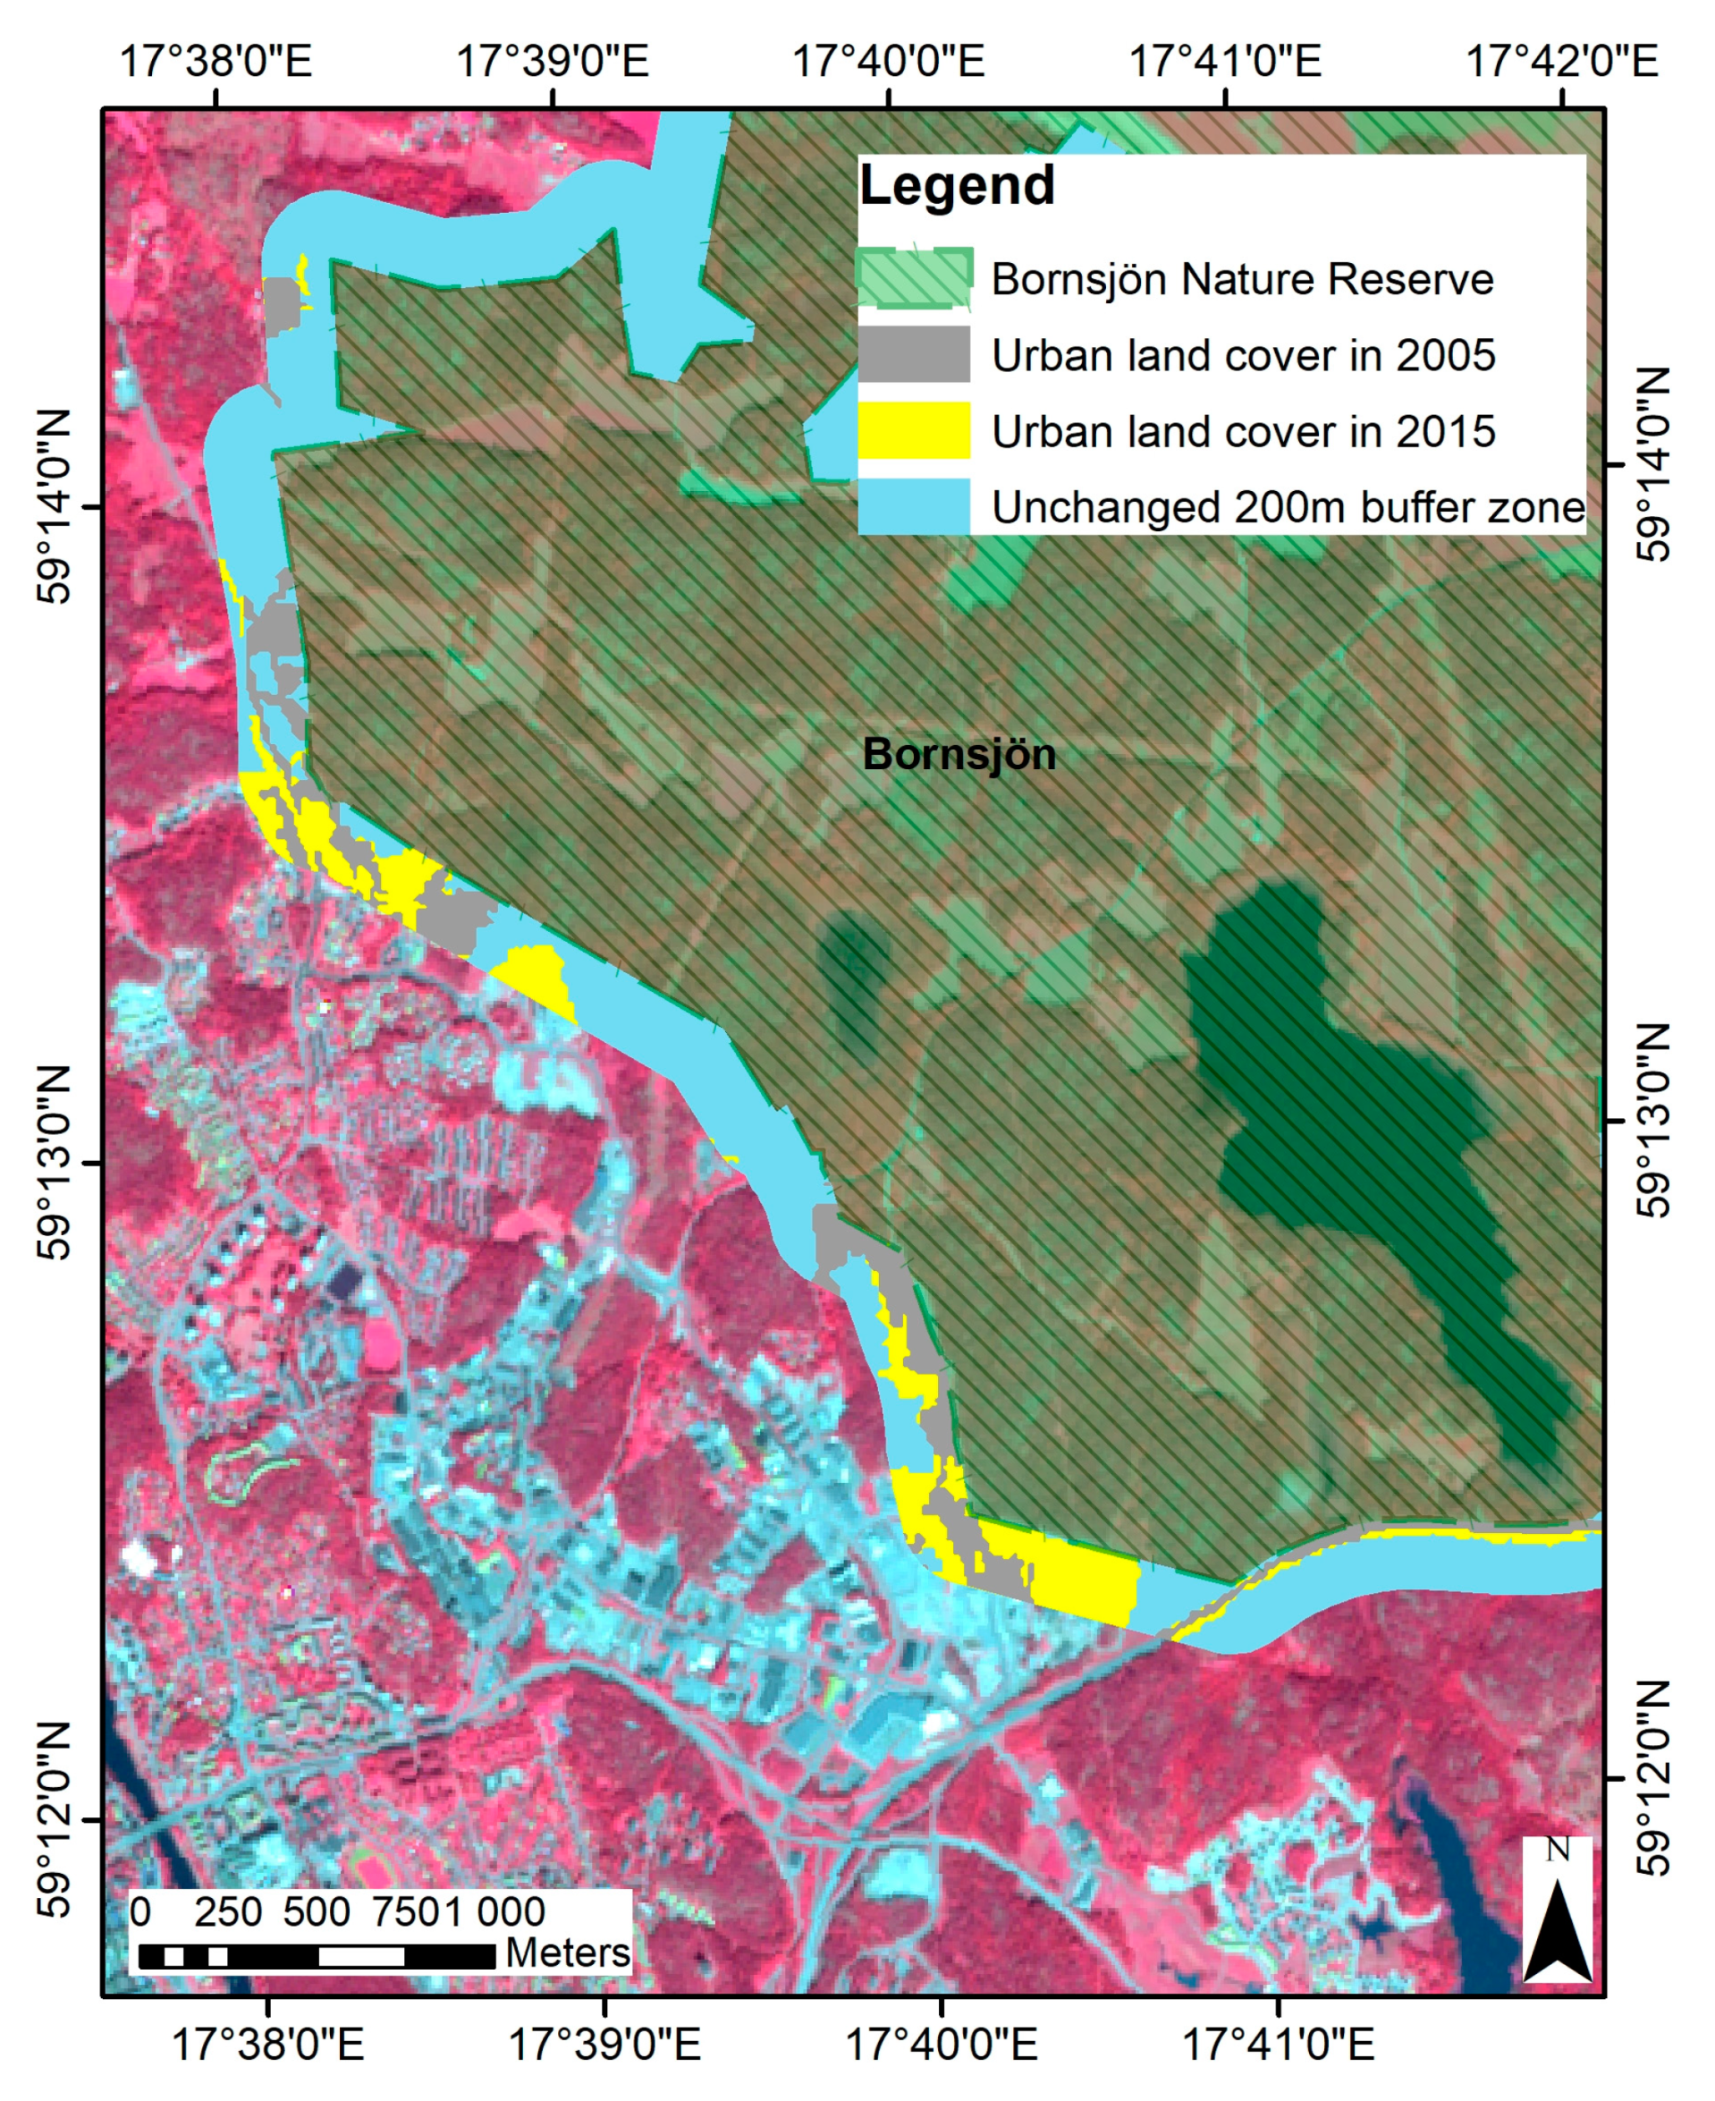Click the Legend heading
click(x=956, y=186)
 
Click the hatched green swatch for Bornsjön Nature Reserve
click(x=914, y=279)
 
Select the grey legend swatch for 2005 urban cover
click(x=914, y=355)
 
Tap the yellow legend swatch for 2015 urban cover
click(x=914, y=431)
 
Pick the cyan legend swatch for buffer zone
click(x=914, y=507)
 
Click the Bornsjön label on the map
click(x=959, y=755)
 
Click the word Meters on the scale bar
click(x=567, y=1953)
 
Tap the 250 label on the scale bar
click(x=227, y=1912)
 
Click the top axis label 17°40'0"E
click(x=888, y=62)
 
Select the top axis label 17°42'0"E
click(x=1561, y=62)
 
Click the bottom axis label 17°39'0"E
click(x=604, y=2044)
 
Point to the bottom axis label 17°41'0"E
click(x=1278, y=2044)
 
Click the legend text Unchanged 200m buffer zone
click(x=1288, y=508)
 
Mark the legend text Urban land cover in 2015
click(x=1243, y=432)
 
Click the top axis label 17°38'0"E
click(x=215, y=62)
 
